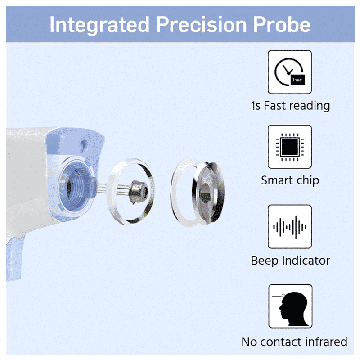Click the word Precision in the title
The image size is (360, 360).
point(202,24)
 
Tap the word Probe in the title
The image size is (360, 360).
point(282,24)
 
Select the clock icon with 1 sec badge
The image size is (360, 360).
point(290,72)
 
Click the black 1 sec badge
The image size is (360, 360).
point(297,80)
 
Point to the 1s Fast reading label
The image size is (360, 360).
point(290,106)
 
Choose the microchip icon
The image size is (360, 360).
point(290,147)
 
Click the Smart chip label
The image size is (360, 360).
point(290,180)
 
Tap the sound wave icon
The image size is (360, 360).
point(290,227)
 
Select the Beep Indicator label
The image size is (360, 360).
point(290,261)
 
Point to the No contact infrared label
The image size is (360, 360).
point(294,342)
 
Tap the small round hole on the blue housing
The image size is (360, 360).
point(83,145)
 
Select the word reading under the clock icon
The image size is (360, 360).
point(310,106)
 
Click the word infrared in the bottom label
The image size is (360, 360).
point(326,342)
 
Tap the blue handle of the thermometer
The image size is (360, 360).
point(14,259)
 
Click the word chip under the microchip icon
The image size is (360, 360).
point(308,181)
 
